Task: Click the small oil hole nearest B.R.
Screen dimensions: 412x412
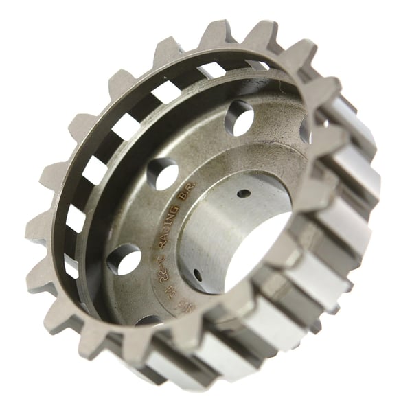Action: tap(243, 193)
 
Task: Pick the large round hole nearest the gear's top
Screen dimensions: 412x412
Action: tap(239, 117)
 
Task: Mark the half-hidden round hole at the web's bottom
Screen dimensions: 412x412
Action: tap(148, 320)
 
